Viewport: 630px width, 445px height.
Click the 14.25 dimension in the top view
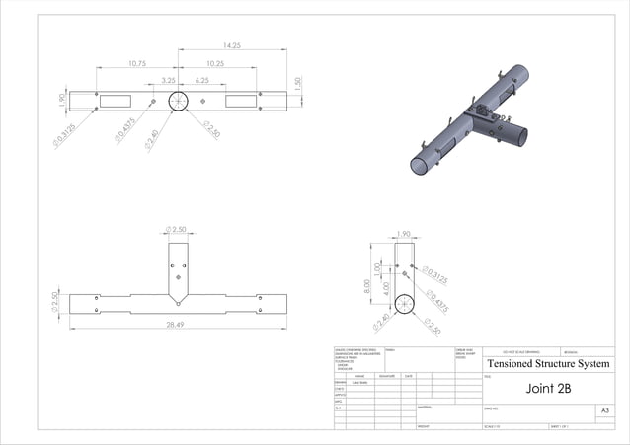pos(233,45)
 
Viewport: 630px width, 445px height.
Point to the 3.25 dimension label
pos(168,80)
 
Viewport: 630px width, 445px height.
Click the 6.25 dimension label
pos(201,80)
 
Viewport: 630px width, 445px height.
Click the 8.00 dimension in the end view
pos(365,287)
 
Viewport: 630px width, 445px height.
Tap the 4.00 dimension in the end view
pos(385,295)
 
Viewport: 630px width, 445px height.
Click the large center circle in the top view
pos(179,101)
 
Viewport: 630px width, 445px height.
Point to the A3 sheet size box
pos(604,409)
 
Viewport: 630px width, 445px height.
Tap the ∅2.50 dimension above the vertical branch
pos(178,230)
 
